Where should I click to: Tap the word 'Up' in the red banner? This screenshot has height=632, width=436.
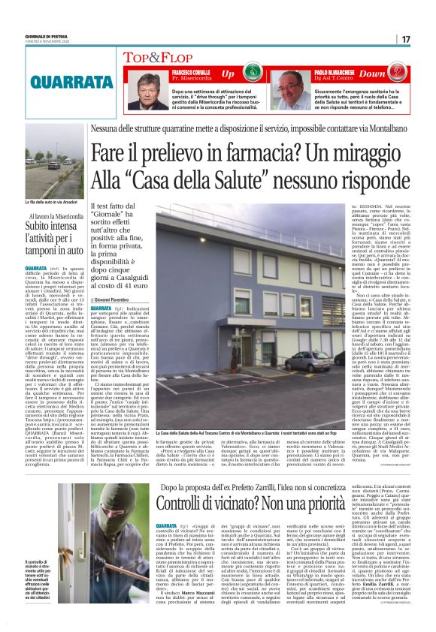[x=227, y=74]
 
